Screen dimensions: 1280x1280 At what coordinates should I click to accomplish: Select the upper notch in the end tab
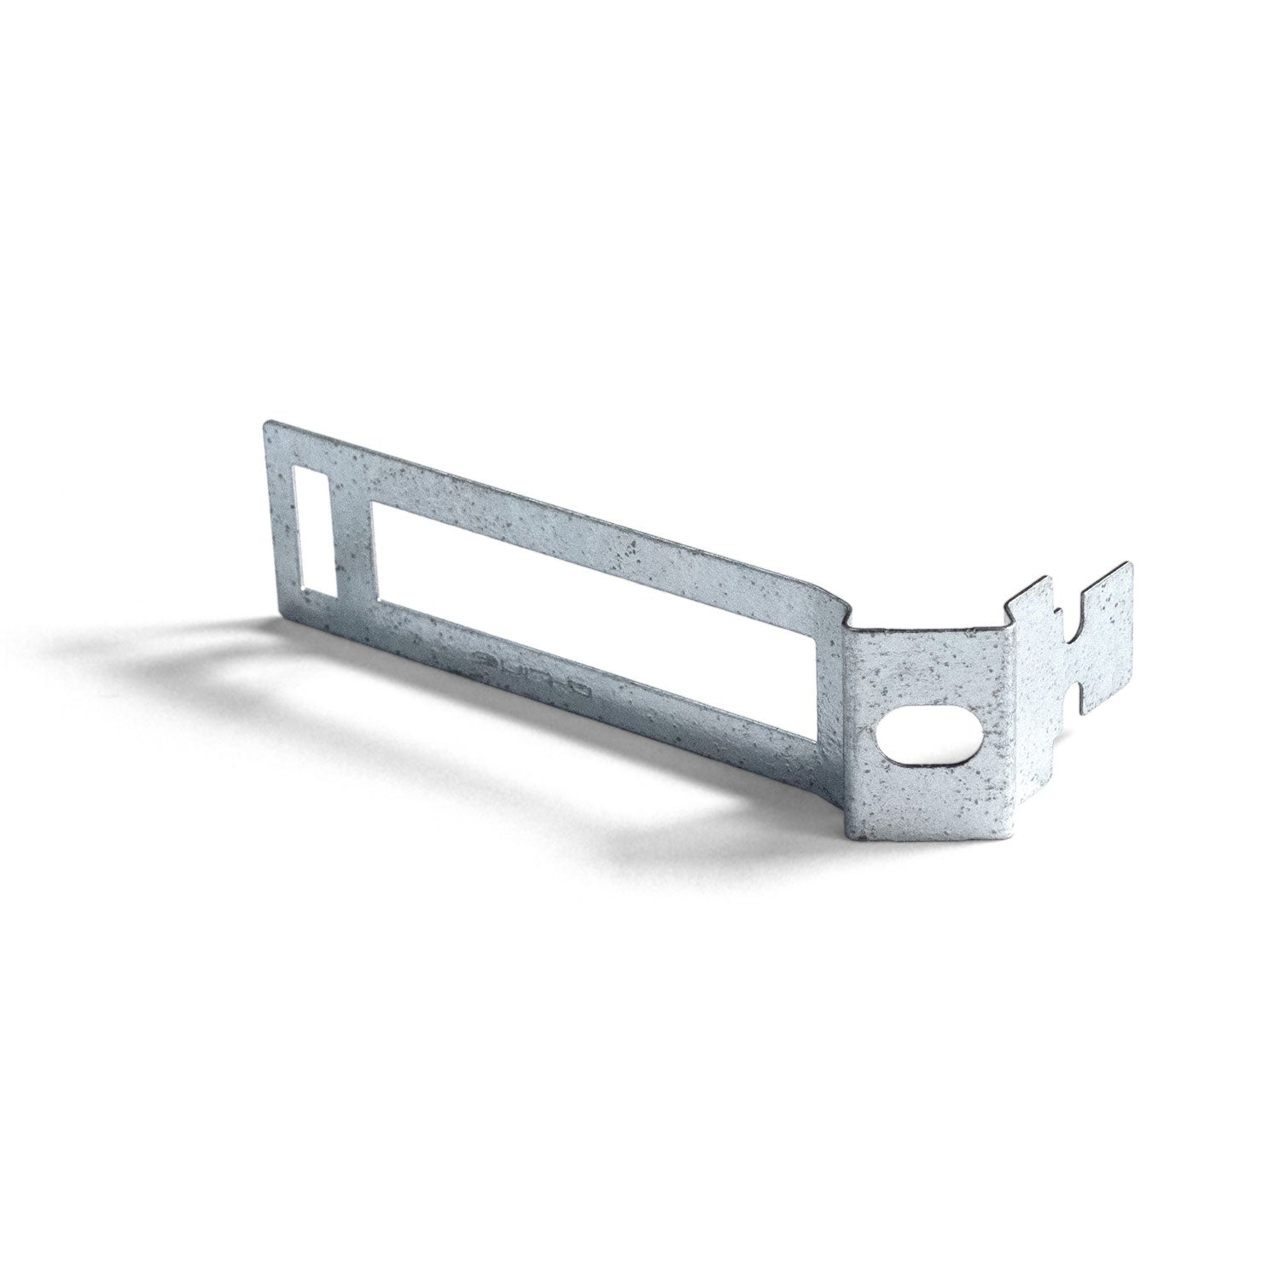(x=1056, y=612)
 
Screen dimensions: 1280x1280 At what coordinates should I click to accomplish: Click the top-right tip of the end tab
(x=1133, y=564)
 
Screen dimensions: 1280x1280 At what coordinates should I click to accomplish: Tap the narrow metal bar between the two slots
(x=351, y=546)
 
